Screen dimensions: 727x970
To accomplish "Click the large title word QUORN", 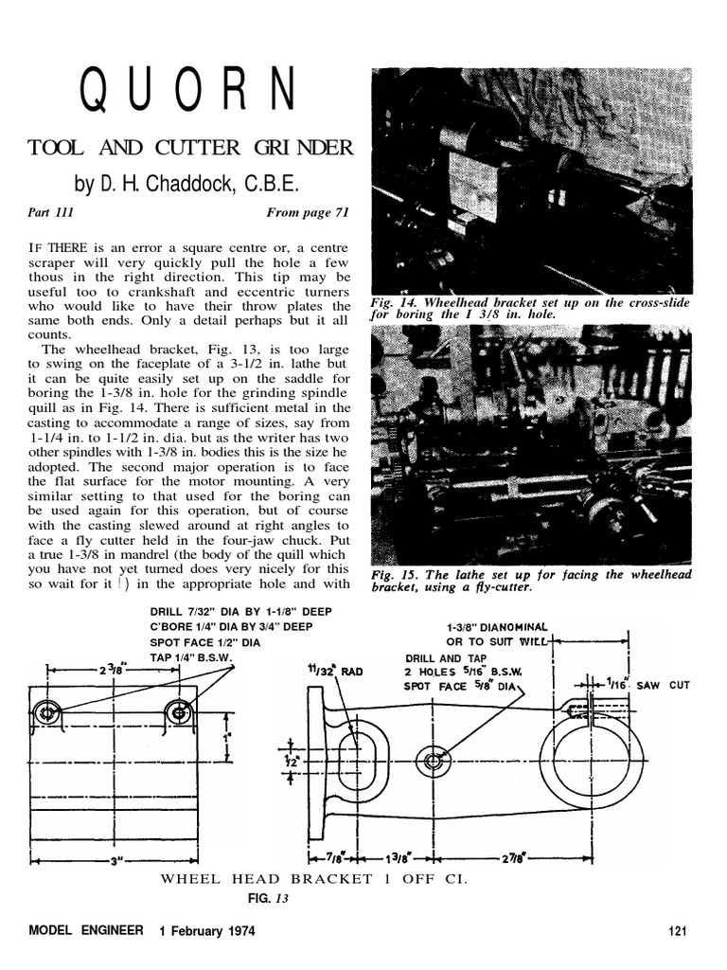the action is tap(186, 92).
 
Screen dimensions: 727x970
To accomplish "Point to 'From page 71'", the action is tap(308, 214).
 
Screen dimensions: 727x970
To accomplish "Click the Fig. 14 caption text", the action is tap(530, 309).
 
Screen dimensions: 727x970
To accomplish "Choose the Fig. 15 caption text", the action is tap(530, 581).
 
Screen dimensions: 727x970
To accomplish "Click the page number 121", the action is tap(676, 930).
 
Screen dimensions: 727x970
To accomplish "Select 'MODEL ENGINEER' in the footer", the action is tap(86, 930).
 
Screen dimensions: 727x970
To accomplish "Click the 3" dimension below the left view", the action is tap(114, 862).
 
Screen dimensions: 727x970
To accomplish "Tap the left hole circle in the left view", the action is tap(44, 713).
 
